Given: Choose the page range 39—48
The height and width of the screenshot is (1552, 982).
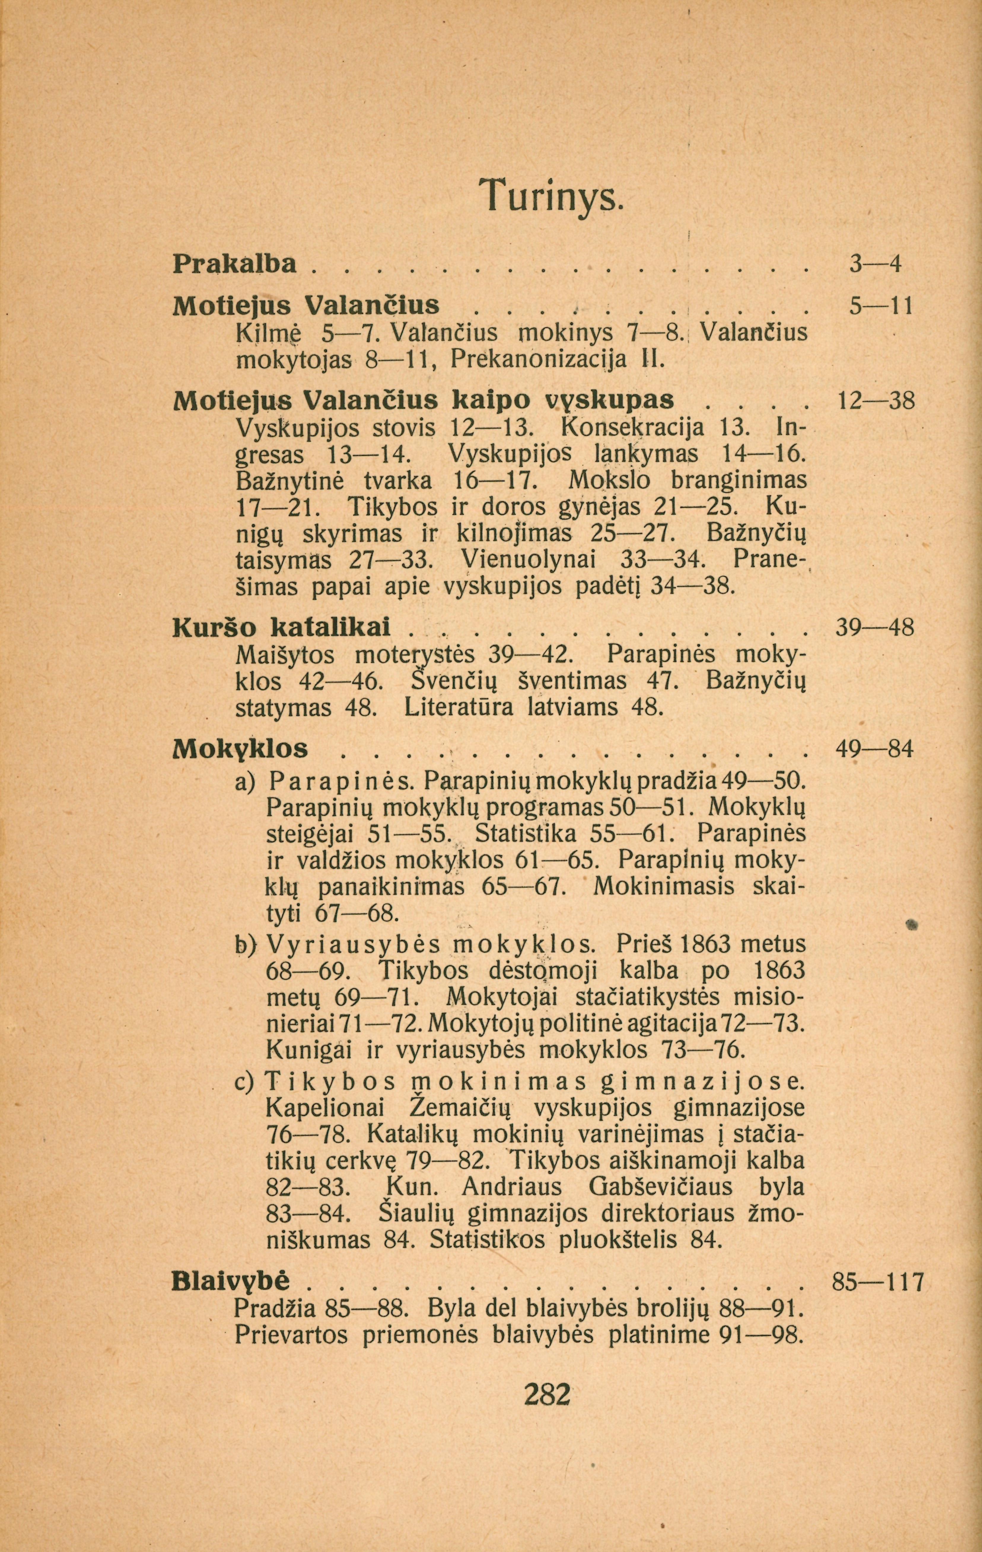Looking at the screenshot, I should (875, 628).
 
